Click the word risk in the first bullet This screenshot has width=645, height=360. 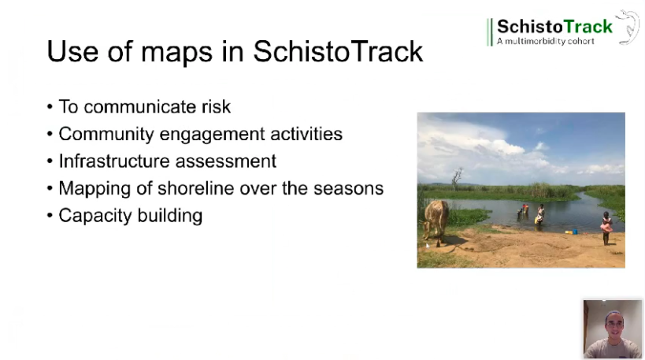click(x=215, y=106)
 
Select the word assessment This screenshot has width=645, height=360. click(x=228, y=161)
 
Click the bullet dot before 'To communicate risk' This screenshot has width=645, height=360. click(x=50, y=107)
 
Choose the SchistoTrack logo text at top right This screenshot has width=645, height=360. click(x=554, y=26)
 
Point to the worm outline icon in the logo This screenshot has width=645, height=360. click(x=628, y=26)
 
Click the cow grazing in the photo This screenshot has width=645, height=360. click(x=435, y=219)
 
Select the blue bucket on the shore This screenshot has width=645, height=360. click(x=572, y=232)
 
